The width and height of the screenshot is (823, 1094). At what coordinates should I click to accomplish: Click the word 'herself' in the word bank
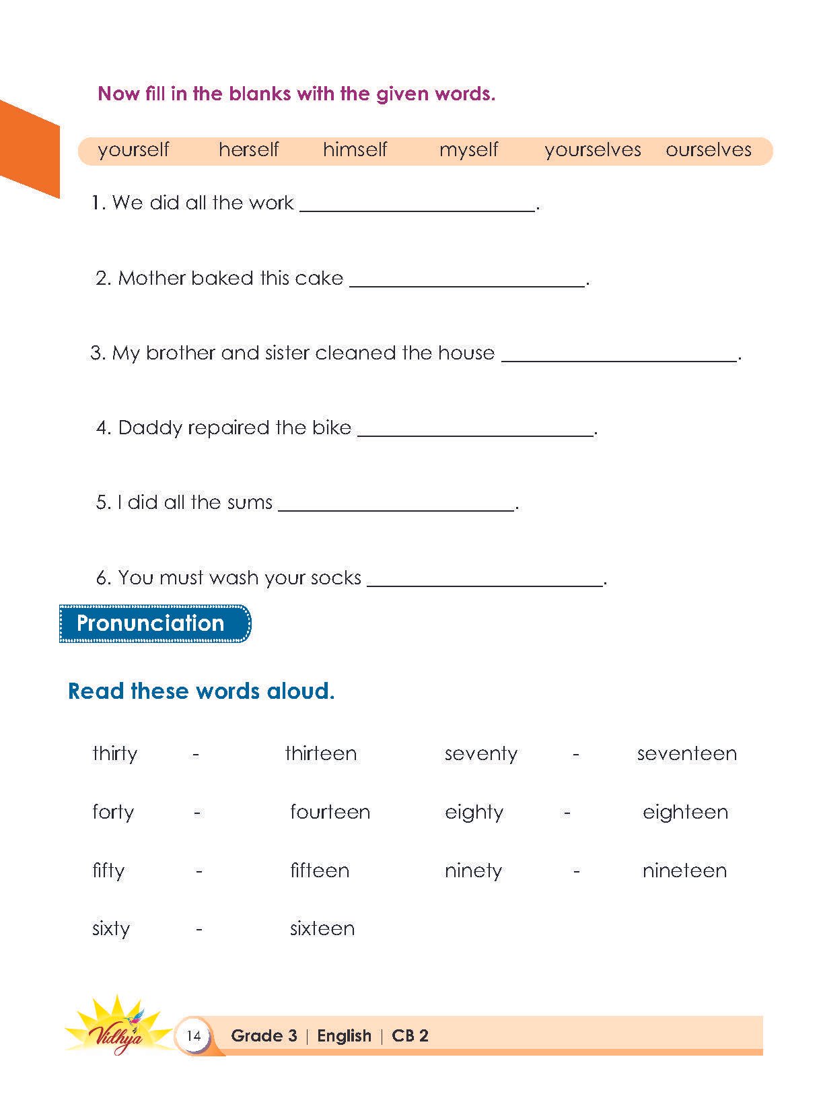[248, 149]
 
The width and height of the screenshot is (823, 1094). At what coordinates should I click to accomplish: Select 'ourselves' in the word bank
[708, 149]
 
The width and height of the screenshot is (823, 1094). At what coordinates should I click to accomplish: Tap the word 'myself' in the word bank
[468, 149]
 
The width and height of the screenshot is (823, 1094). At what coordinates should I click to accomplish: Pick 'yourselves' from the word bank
[592, 149]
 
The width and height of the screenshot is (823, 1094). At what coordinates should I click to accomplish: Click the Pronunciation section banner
[155, 623]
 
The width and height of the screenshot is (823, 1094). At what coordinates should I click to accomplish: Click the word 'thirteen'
[320, 753]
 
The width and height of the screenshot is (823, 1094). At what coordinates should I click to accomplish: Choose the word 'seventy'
[480, 754]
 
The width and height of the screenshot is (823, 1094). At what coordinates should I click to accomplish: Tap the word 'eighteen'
[685, 813]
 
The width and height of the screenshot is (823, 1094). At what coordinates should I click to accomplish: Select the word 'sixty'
[111, 929]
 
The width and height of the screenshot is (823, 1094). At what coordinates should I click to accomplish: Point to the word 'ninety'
[473, 871]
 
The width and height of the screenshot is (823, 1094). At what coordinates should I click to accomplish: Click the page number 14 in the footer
[193, 1035]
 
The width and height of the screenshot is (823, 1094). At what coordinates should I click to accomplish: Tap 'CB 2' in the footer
[410, 1035]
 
